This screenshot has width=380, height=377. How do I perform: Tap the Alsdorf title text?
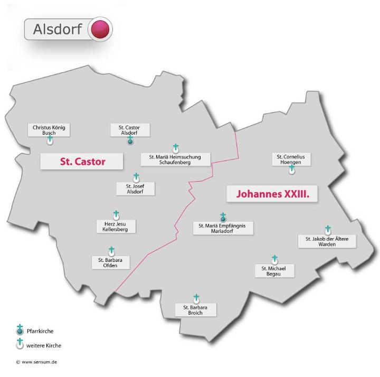(57, 30)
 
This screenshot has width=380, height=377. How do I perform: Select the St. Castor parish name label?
(82, 162)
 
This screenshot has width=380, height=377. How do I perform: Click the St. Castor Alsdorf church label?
(129, 130)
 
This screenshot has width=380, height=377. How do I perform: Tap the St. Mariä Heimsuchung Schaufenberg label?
(175, 159)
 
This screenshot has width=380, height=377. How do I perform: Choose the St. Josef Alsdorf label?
(136, 188)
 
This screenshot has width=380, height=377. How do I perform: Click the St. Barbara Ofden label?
(110, 262)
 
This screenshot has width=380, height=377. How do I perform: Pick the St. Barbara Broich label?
(195, 309)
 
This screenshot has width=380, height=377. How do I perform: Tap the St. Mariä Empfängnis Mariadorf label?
(222, 228)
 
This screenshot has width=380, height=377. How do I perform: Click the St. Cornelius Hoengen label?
(291, 159)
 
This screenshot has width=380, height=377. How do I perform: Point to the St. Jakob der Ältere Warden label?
(327, 241)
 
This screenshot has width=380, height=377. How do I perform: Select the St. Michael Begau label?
(274, 271)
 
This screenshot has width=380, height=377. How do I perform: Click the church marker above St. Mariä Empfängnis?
(223, 217)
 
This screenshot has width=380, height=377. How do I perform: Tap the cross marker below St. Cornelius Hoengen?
(292, 169)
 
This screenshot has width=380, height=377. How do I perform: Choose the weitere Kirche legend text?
(44, 345)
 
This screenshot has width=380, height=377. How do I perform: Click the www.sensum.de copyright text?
(36, 362)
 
